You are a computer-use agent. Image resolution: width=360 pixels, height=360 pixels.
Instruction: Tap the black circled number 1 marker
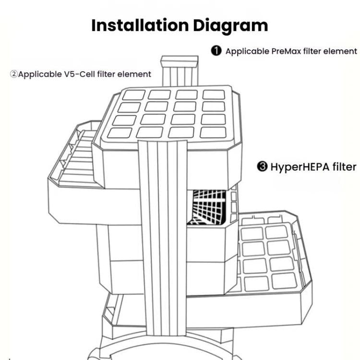pyautogui.click(x=216, y=51)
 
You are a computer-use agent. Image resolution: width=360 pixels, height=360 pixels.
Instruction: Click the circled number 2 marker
pyautogui.click(x=14, y=74)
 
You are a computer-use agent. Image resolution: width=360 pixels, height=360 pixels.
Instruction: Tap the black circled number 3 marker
pyautogui.click(x=262, y=167)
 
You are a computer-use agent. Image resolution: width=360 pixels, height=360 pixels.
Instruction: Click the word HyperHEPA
pyautogui.click(x=300, y=167)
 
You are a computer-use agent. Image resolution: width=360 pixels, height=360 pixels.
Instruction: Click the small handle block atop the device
pyautogui.click(x=180, y=61)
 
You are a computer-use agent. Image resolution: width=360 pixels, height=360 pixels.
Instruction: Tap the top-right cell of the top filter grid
pyautogui.click(x=213, y=95)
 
